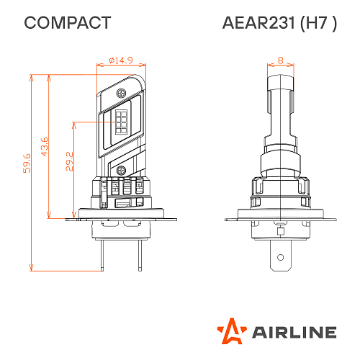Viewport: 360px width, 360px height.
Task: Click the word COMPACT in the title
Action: click(x=68, y=23)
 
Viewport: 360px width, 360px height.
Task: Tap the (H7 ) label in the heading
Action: click(x=316, y=23)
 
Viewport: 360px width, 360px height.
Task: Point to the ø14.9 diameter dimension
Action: click(x=120, y=60)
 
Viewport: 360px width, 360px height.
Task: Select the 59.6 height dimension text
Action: click(x=27, y=163)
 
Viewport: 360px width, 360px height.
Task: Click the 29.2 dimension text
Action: click(x=69, y=161)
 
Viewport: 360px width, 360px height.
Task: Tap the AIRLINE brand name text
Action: click(x=293, y=331)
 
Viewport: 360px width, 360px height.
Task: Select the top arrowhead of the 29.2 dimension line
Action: click(x=74, y=123)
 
